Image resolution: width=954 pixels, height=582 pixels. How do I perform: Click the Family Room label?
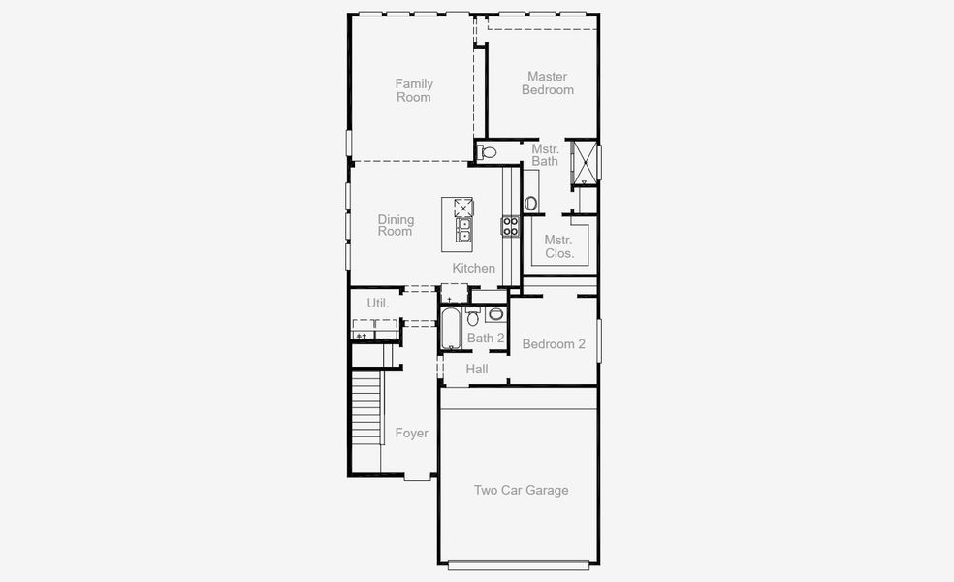(x=414, y=90)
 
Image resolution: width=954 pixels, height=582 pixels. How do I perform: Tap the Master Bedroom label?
(x=548, y=83)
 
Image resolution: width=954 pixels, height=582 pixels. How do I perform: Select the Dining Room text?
(x=395, y=225)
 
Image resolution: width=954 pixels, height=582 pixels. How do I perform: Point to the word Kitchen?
(x=474, y=268)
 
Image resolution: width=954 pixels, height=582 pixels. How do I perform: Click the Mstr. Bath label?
(x=545, y=155)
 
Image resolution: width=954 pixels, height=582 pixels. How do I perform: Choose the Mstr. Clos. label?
(x=558, y=246)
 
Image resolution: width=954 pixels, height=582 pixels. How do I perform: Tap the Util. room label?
(x=378, y=303)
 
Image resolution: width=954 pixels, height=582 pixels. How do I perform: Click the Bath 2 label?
(x=486, y=339)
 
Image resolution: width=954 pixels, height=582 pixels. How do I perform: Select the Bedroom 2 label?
(x=554, y=344)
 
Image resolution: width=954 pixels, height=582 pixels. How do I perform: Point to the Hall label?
(x=477, y=370)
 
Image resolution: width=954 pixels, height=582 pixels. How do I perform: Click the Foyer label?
(x=412, y=434)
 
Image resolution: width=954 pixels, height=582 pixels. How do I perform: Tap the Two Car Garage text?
(x=521, y=491)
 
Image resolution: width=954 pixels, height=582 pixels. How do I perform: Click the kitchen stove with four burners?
(x=510, y=227)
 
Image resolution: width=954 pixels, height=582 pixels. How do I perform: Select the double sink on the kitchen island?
(x=464, y=229)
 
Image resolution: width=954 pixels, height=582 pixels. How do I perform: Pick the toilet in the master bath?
(x=488, y=152)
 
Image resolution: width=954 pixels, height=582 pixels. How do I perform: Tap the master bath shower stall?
(x=585, y=161)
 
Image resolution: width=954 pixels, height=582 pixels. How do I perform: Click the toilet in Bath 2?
(x=473, y=316)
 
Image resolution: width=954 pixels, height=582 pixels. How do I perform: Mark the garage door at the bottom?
(x=519, y=565)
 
